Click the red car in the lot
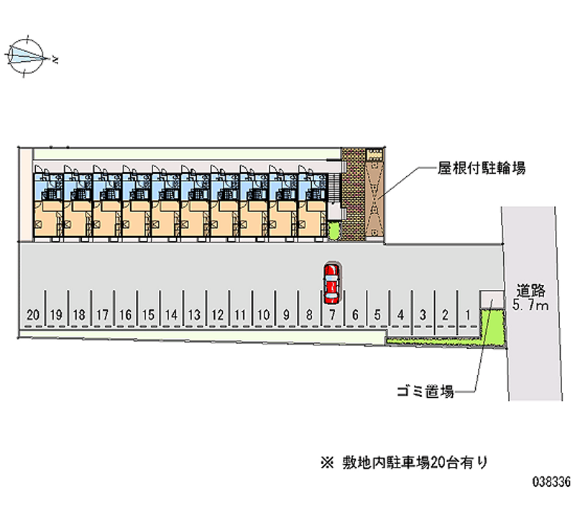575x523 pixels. click(x=331, y=282)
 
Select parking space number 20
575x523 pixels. click(x=32, y=314)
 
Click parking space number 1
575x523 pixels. click(x=468, y=314)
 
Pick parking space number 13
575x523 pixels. click(x=193, y=314)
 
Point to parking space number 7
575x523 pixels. click(x=332, y=314)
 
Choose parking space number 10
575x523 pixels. click(x=263, y=314)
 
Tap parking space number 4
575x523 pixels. click(x=400, y=314)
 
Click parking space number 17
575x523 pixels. click(x=102, y=314)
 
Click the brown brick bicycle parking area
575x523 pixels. click(x=364, y=194)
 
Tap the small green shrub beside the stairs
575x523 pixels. click(x=333, y=231)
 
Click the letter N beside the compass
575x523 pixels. click(x=55, y=58)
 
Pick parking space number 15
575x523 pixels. click(x=148, y=314)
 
